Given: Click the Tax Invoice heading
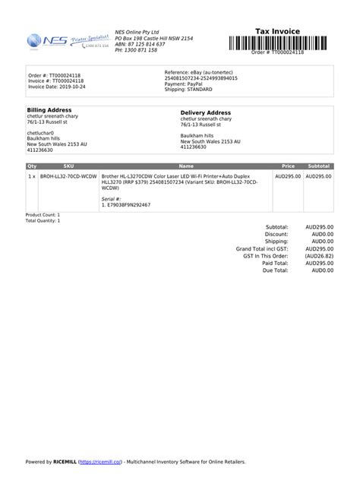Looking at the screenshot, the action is [x=277, y=31].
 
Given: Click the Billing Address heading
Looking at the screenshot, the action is [x=49, y=109].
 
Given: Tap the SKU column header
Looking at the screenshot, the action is [x=68, y=166].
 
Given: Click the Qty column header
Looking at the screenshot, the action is [x=31, y=166].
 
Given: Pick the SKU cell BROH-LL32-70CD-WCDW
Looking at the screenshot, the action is [x=68, y=176].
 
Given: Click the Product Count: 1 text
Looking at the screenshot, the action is [x=43, y=215].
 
